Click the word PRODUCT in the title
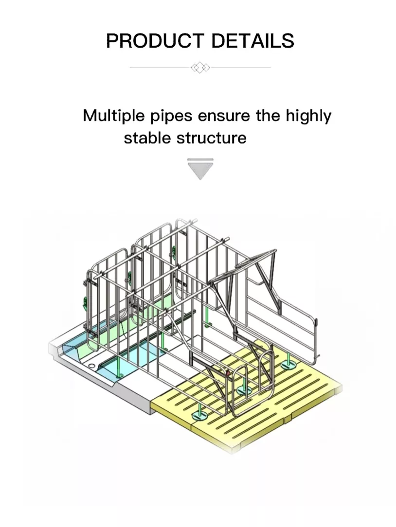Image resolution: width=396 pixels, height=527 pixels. (155, 41)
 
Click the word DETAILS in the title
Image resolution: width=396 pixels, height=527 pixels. (252, 41)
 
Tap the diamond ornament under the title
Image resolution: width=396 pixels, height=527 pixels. (200, 68)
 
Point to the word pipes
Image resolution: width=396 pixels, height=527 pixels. (171, 117)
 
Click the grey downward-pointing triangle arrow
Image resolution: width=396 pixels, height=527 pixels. (200, 169)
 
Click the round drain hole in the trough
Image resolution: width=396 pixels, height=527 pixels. (91, 366)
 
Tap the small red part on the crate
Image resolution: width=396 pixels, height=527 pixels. (227, 373)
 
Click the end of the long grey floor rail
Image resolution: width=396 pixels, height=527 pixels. (194, 313)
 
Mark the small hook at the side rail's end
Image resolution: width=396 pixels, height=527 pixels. (317, 322)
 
